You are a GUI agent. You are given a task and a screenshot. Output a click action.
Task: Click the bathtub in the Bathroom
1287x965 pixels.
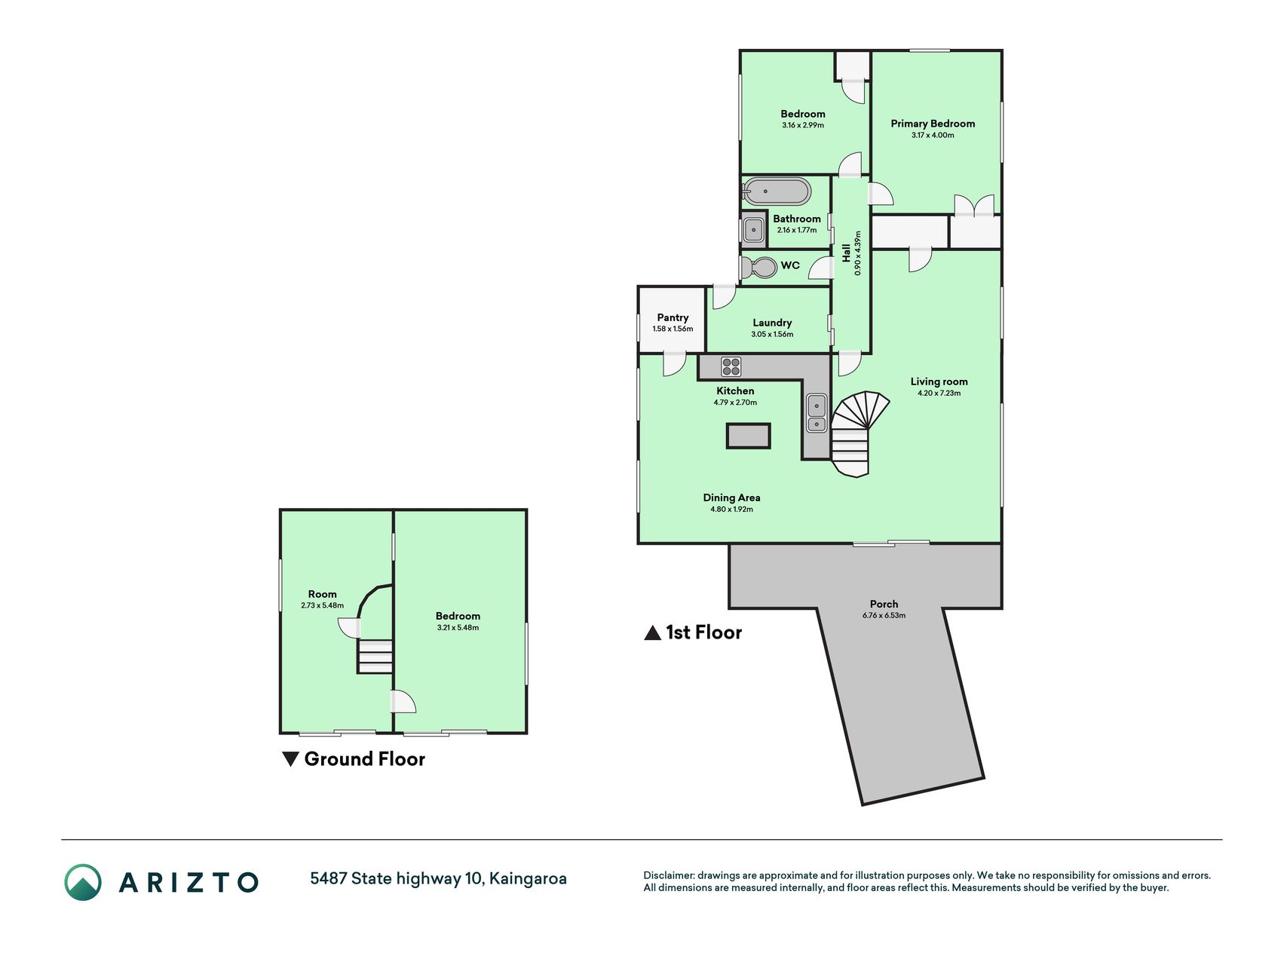pos(777,191)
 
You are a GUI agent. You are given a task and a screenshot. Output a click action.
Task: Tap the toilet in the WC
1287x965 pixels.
pos(758,267)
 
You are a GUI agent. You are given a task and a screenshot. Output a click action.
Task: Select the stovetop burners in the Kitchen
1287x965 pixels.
pos(731,367)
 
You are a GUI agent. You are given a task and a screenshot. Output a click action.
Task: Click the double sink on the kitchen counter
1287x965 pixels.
pos(817,414)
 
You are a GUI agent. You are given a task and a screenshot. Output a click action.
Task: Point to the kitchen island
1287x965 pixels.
pos(748,436)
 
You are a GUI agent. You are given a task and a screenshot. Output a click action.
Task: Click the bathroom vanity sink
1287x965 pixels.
pos(753,229)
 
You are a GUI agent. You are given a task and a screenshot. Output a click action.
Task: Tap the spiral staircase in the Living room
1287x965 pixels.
pos(860,433)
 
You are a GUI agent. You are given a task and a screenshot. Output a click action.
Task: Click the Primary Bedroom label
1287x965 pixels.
pos(933,124)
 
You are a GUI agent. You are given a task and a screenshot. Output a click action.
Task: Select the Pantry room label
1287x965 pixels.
pos(673,317)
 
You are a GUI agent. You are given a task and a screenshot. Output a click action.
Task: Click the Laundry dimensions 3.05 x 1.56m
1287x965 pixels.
pos(772,334)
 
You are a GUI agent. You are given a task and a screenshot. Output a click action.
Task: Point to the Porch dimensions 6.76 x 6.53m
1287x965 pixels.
pos(884,615)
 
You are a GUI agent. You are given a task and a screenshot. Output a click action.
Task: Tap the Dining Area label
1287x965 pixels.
pos(731,498)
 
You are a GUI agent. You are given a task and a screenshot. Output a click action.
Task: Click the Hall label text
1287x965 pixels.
pos(847,253)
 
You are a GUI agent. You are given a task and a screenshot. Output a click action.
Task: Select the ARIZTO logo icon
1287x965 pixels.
pos(82,882)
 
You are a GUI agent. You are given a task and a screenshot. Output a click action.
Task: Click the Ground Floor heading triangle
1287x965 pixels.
pos(290,759)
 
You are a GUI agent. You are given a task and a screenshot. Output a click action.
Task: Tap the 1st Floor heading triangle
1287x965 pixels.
pos(653,633)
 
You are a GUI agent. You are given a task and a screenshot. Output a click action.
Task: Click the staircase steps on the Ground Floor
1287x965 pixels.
pos(375,656)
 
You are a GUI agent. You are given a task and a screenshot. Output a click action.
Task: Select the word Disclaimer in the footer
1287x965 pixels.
pos(668,875)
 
